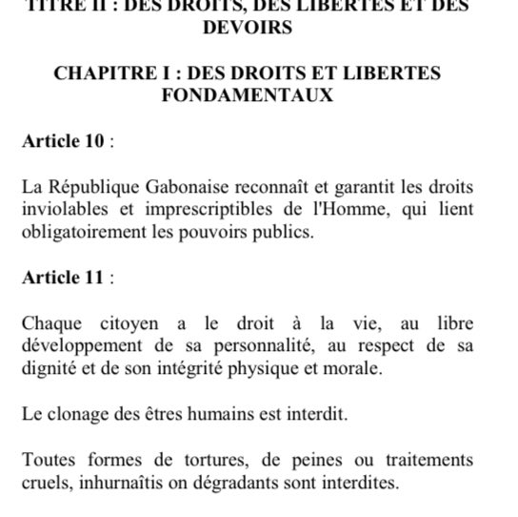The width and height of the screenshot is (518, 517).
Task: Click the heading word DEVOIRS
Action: (x=248, y=28)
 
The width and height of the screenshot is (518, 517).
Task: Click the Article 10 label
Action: (x=63, y=142)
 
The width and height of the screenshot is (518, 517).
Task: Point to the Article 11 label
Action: (x=63, y=279)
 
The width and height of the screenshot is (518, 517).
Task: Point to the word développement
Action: (x=79, y=346)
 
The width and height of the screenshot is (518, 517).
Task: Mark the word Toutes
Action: (x=50, y=461)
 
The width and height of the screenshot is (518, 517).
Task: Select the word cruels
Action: (x=47, y=483)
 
